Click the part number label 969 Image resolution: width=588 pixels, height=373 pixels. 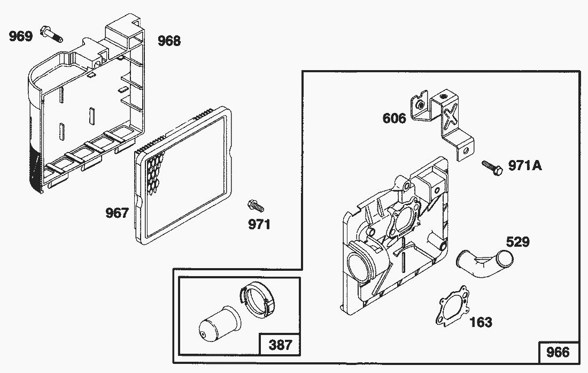(x=20, y=36)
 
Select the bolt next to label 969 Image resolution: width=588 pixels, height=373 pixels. (x=50, y=36)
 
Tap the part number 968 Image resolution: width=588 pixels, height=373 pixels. (x=169, y=41)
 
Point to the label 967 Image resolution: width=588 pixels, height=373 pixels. (x=117, y=213)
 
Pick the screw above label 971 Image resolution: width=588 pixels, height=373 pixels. (x=254, y=205)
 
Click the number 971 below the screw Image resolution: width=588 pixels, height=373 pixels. (x=259, y=224)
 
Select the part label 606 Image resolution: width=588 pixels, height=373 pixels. (x=394, y=118)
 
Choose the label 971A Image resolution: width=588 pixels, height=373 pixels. (x=524, y=166)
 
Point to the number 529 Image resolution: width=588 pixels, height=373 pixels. (x=517, y=242)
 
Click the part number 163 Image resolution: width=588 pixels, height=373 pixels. (x=481, y=322)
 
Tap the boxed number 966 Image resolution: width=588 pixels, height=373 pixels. (x=558, y=353)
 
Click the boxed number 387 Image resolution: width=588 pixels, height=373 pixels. (x=280, y=345)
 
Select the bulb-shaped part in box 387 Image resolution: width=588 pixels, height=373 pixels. (x=213, y=321)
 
